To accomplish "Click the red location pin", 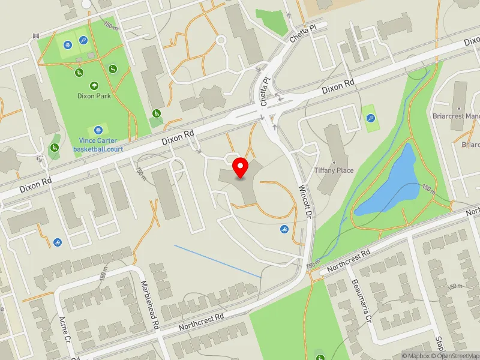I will click(x=241, y=168).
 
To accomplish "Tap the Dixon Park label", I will click(x=94, y=95).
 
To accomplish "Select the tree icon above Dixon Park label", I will click(x=94, y=85).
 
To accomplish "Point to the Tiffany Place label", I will click(x=334, y=170).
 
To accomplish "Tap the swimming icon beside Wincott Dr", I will click(x=284, y=229).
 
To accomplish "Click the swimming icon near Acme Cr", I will click(x=57, y=242).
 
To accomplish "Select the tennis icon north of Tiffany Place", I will click(x=371, y=118).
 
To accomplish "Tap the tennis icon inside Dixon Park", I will click(x=83, y=41).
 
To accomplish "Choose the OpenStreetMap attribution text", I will click(x=456, y=356).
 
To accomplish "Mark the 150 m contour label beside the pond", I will click(x=427, y=188).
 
